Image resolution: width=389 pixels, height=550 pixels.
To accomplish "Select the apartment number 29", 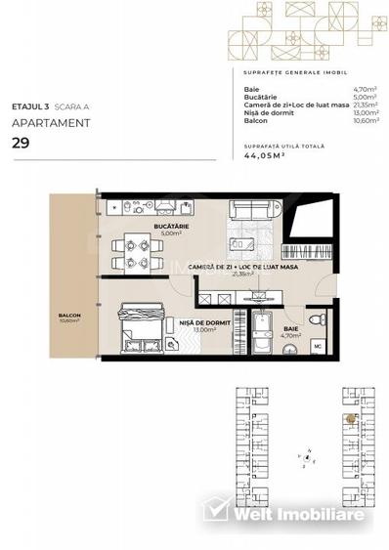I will [x=21, y=143].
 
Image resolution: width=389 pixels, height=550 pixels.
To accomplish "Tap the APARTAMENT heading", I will [x=51, y=123].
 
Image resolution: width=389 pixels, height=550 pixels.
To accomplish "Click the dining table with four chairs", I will [x=131, y=254].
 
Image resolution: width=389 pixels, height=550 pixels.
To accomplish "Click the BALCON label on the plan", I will [x=68, y=316].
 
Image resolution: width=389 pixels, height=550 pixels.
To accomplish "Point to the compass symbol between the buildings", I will [x=307, y=457].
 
